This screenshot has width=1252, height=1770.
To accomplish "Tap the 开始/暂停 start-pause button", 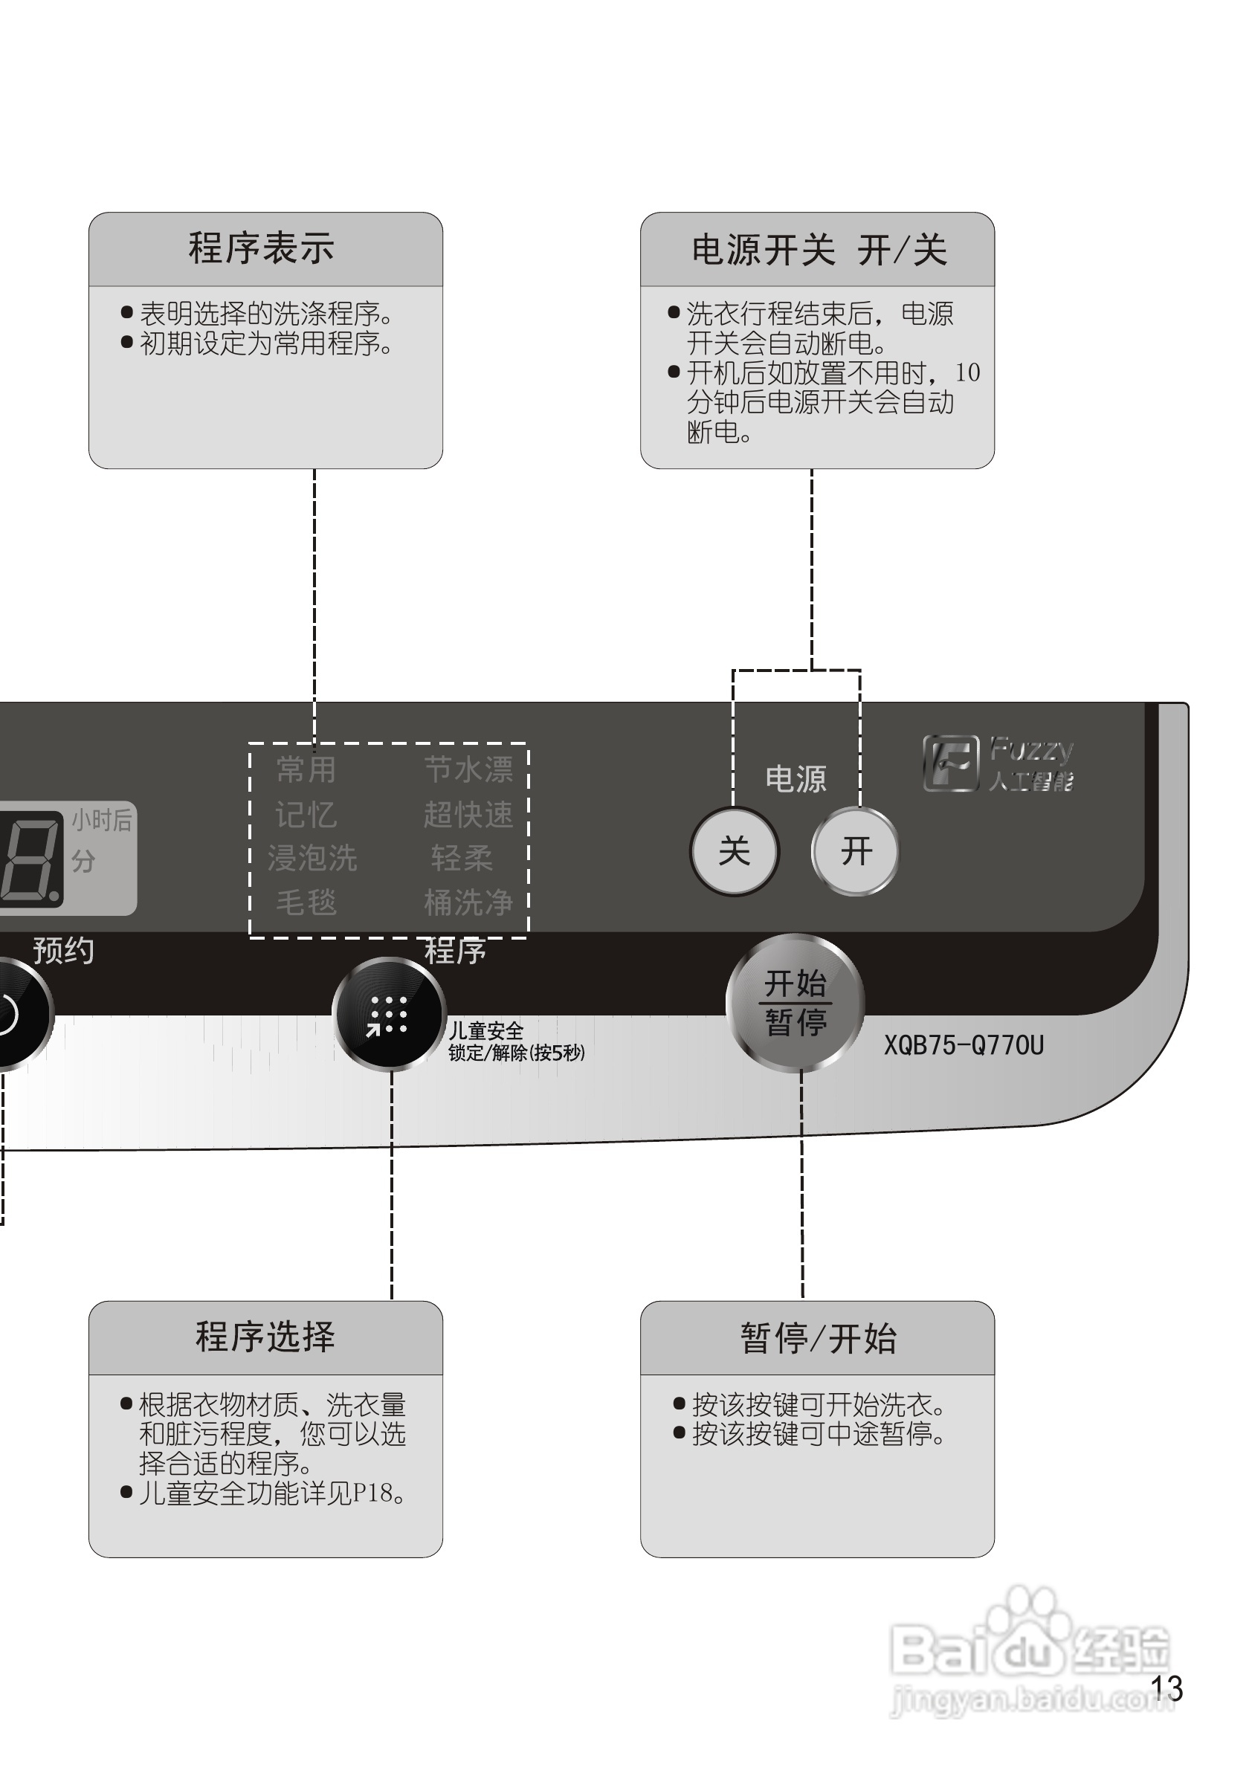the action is (795, 1002).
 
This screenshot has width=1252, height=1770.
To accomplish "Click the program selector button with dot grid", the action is (390, 1014).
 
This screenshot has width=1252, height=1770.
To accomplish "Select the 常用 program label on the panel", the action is (306, 769).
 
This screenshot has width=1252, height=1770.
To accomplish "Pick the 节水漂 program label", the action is (468, 769).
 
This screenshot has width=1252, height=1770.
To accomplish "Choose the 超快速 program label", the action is (468, 814).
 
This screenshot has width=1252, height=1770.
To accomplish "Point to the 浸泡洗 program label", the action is (312, 858).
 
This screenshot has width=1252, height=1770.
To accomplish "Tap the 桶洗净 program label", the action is (468, 902).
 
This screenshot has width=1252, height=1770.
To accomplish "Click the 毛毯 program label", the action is (306, 902).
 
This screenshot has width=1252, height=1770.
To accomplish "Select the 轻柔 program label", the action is (462, 858).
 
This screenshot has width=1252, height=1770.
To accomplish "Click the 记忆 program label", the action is (306, 814).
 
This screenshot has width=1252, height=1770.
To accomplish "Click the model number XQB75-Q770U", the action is (964, 1045).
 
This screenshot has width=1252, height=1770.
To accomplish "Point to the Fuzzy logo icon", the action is (951, 763).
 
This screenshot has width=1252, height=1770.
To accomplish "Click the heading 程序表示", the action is (262, 248).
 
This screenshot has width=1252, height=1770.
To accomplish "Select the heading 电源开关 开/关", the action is (819, 251).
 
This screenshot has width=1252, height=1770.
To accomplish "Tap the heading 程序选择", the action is (265, 1337).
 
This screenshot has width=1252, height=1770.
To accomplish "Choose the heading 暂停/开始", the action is (819, 1338).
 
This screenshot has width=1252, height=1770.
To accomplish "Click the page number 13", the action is (1167, 1689).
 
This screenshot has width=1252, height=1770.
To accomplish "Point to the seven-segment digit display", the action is (30, 857).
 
